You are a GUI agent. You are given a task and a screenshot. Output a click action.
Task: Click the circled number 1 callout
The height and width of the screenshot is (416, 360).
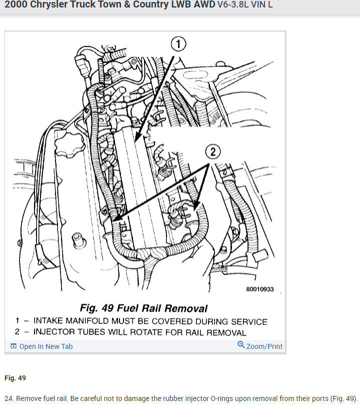pyautogui.click(x=178, y=44)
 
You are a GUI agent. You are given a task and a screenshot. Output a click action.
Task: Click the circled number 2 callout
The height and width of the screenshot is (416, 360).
pyautogui.click(x=213, y=152)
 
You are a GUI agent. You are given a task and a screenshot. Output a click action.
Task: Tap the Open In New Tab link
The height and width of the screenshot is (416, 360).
pyautogui.click(x=45, y=346)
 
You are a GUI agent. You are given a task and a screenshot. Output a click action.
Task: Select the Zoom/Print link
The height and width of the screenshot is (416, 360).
pyautogui.click(x=264, y=346)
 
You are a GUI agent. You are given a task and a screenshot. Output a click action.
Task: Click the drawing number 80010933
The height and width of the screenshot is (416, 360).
pyautogui.click(x=259, y=290)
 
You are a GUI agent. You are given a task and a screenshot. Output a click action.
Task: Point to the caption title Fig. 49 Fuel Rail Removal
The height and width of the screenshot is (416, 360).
pyautogui.click(x=143, y=308)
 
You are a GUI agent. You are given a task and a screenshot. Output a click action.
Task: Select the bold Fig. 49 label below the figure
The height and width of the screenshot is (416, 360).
pyautogui.click(x=15, y=378)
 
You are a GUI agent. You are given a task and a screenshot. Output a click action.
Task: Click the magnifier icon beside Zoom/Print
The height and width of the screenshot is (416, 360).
pyautogui.click(x=241, y=345)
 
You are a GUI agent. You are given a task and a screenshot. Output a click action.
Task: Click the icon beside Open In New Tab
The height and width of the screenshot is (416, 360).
pyautogui.click(x=13, y=346)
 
